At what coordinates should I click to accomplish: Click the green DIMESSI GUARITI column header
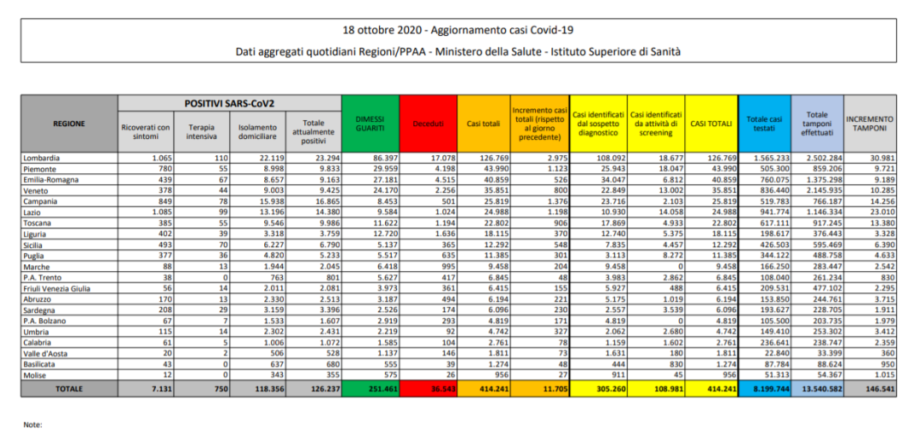click(371, 124)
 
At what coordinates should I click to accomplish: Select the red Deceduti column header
click(428, 124)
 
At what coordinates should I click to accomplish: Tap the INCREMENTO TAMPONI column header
click(870, 124)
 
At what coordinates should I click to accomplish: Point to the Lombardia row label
click(42, 159)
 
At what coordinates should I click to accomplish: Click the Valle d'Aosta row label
click(47, 353)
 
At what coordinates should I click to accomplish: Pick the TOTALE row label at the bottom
click(69, 388)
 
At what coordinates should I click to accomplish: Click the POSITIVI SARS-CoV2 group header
click(229, 102)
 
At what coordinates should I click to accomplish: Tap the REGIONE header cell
click(69, 124)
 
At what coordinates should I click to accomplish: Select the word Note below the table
click(32, 424)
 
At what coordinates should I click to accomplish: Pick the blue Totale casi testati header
click(765, 124)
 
